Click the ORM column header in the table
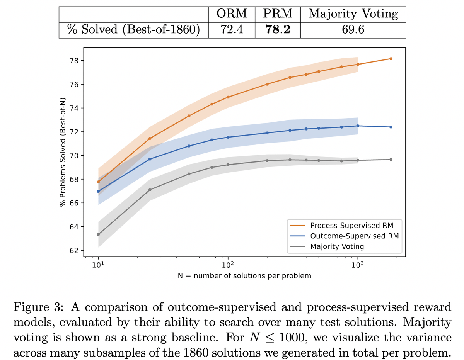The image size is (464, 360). [x=232, y=14]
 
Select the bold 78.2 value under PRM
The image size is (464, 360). [x=278, y=29]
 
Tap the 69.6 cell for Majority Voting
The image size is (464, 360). [x=353, y=29]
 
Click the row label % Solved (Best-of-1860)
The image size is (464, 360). [x=133, y=29]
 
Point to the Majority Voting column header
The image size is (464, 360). [x=353, y=14]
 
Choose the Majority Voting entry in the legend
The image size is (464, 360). [x=337, y=246]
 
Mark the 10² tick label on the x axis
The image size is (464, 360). [x=228, y=265]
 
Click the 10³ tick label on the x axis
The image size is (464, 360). [x=358, y=265]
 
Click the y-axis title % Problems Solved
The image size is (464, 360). [x=62, y=153]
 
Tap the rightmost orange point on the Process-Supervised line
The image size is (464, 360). [x=391, y=59]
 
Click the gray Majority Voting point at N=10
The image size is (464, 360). [x=98, y=234]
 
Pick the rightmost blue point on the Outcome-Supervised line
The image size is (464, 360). [x=391, y=127]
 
